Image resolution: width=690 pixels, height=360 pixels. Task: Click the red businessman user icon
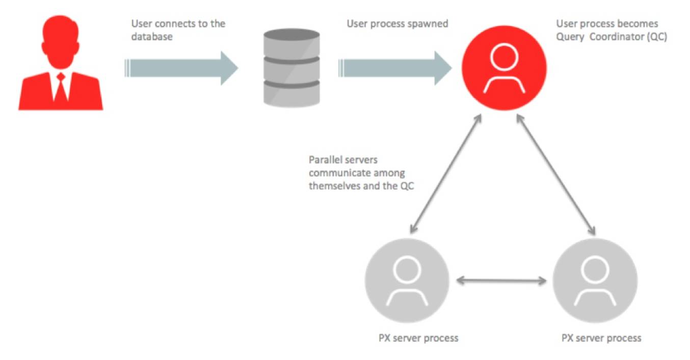61,64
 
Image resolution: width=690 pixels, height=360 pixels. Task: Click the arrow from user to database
181,68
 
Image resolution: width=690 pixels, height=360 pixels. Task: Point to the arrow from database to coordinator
395,68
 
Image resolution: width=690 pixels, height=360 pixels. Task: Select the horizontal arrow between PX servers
501,280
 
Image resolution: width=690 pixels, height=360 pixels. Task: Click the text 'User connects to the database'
178,30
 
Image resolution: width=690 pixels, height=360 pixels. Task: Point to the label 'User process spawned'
397,23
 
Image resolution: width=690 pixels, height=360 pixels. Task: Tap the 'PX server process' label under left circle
418,338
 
